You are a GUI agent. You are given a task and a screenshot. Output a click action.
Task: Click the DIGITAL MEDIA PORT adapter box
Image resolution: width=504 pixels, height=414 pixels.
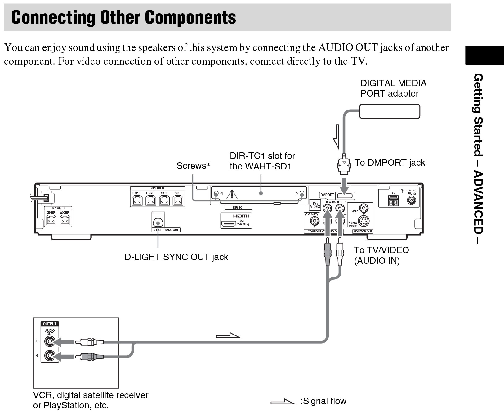coord(389,111)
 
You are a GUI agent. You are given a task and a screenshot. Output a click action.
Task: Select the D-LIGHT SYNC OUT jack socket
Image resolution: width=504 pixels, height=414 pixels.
coord(158,223)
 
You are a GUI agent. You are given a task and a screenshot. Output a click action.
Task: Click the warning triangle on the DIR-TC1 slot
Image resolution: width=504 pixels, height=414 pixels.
coord(232,195)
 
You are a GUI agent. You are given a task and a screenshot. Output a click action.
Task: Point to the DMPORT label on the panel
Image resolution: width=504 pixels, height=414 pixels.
coord(327,195)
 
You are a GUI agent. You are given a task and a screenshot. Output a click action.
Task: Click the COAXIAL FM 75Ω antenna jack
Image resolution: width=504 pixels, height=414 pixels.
coord(411,200)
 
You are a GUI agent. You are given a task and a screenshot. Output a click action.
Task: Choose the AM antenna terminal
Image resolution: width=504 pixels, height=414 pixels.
coord(393,201)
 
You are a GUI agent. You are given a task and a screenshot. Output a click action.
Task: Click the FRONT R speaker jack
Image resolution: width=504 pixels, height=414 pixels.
coord(137,201)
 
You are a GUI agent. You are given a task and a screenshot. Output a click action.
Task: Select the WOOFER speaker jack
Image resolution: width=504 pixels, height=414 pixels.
coord(65,220)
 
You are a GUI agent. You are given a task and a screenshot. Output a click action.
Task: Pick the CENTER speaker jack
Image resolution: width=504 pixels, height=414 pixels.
coord(51,220)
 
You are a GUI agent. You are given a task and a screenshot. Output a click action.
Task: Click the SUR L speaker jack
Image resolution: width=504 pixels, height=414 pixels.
coord(177,201)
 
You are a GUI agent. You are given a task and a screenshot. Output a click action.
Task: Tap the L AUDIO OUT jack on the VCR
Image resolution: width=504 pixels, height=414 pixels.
coord(50,342)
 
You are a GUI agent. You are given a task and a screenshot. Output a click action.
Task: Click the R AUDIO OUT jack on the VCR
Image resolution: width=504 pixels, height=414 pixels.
coord(50,356)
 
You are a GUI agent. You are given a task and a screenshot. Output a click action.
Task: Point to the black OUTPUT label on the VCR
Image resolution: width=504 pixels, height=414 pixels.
coord(50,324)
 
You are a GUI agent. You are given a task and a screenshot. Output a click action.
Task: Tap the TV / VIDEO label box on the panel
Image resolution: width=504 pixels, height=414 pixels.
coord(315,205)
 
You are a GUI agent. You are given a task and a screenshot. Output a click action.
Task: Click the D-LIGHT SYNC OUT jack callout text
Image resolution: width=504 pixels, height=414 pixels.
coord(176,257)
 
